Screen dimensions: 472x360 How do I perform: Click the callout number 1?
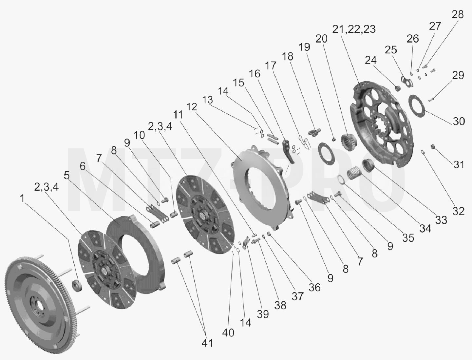22,198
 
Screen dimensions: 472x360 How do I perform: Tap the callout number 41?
207,343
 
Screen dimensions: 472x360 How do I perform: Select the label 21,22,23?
354,29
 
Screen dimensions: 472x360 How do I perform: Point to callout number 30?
459,122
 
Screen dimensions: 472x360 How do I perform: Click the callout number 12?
192,107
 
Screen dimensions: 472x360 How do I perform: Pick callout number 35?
408,238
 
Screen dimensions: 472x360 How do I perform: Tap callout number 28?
458,15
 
